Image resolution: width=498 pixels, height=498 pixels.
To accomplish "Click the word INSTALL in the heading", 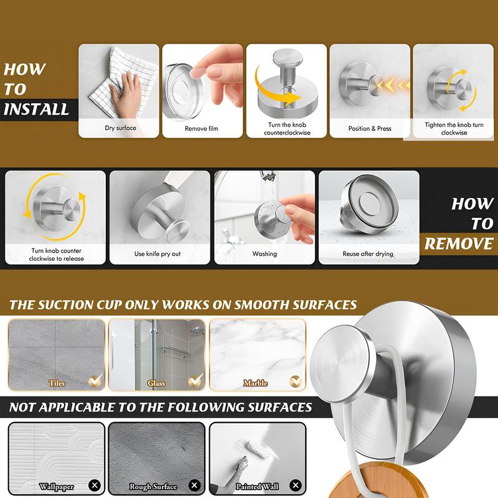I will [35, 109].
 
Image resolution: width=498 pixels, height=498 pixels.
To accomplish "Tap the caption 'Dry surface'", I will [120, 128].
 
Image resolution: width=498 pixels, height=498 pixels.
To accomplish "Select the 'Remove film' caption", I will [202, 128].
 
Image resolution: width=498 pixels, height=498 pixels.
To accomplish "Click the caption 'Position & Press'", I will [370, 128].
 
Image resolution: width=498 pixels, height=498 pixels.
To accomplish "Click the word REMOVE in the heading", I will [459, 243].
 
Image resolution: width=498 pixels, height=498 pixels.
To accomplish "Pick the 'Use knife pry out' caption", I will [157, 254].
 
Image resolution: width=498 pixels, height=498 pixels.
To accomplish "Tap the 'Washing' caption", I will [265, 254].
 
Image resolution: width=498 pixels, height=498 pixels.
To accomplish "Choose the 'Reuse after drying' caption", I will [368, 254].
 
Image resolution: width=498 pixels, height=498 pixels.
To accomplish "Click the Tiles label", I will [57, 383].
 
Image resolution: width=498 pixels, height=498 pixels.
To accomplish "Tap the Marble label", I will [255, 383].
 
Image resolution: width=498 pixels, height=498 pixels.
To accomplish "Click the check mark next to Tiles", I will [95, 379].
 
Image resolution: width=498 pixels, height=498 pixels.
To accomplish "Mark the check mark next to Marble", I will [295, 379].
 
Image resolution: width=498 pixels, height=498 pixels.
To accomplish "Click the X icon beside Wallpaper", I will [95, 484].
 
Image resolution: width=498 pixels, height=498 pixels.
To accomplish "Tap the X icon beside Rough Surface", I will [194, 484].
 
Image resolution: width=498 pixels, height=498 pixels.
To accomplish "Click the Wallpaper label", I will [56, 486].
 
